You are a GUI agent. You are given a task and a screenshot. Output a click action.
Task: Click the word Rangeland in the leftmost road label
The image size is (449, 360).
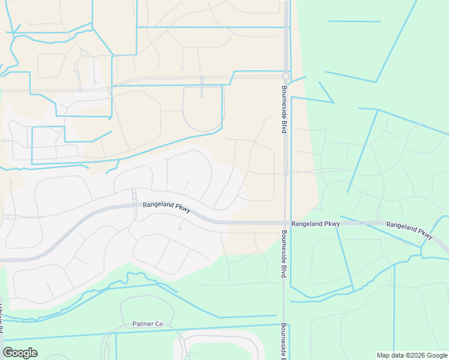coord(158,205)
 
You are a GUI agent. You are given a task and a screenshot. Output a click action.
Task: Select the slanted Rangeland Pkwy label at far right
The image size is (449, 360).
coord(409,229)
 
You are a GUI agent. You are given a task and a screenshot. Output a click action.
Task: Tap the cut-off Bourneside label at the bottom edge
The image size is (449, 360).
coord(283,341)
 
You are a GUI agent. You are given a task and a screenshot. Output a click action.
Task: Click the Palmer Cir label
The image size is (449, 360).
coord(148,324)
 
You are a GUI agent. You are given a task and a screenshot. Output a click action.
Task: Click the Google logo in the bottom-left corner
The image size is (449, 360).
coord(20,353)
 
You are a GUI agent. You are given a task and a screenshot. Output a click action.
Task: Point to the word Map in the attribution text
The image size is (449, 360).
coord(383,355)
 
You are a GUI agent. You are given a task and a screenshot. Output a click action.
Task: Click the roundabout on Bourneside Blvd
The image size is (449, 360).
coord(286,77)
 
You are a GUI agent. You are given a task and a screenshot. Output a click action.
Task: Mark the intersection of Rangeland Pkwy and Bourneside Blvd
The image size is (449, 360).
coord(285,223)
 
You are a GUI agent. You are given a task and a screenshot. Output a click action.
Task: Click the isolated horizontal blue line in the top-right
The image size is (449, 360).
coord(354,22)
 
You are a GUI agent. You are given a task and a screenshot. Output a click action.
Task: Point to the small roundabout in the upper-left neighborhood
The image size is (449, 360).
coord(85,53)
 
